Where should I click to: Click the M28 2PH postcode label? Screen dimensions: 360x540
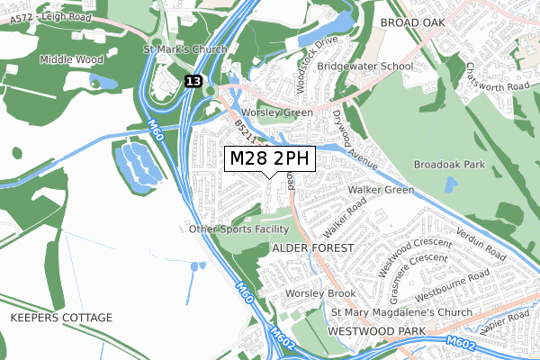tap(270, 158)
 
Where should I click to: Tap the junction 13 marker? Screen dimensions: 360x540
tap(193, 81)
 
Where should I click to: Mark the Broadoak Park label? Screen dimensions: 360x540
tap(449, 165)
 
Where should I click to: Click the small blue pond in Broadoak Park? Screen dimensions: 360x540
tap(449, 185)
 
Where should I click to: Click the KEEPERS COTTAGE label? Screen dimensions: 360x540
tap(61, 319)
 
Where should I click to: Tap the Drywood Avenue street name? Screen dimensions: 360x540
tap(354, 137)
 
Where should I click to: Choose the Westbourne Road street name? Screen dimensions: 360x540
tap(453, 286)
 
